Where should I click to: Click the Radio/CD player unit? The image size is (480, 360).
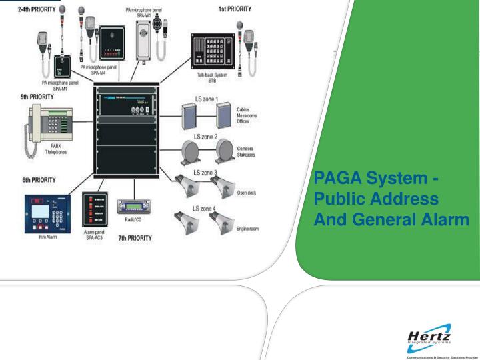[x=133, y=206]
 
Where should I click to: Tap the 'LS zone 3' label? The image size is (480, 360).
[x=205, y=173]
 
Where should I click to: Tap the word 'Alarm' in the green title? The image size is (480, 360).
[x=445, y=219]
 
